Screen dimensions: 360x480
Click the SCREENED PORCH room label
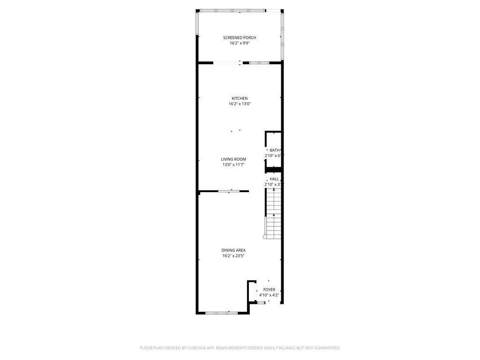pyautogui.click(x=240, y=37)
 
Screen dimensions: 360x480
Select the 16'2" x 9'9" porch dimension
pyautogui.click(x=240, y=43)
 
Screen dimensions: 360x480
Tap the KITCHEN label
pyautogui.click(x=240, y=98)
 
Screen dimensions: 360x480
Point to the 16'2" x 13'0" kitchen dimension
pyautogui.click(x=240, y=104)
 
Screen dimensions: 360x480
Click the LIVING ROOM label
pyautogui.click(x=233, y=159)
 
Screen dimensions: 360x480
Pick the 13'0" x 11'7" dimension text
pyautogui.click(x=233, y=165)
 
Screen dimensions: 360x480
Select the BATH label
pyautogui.click(x=274, y=150)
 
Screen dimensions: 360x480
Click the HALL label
pyautogui.click(x=274, y=179)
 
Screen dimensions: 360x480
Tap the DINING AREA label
pyautogui.click(x=233, y=250)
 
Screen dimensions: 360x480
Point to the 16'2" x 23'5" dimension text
pyautogui.click(x=233, y=256)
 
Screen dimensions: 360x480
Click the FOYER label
pyautogui.click(x=269, y=290)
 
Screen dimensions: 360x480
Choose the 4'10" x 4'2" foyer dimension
pyautogui.click(x=269, y=295)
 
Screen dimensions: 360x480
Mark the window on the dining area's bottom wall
pyautogui.click(x=222, y=313)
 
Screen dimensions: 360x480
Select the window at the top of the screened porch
pyautogui.click(x=232, y=10)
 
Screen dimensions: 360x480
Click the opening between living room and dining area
pyautogui.click(x=229, y=191)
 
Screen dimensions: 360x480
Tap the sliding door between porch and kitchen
pyautogui.click(x=227, y=63)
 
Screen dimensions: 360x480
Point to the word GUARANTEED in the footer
pyautogui.click(x=324, y=348)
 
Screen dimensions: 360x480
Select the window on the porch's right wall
pyautogui.click(x=282, y=35)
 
